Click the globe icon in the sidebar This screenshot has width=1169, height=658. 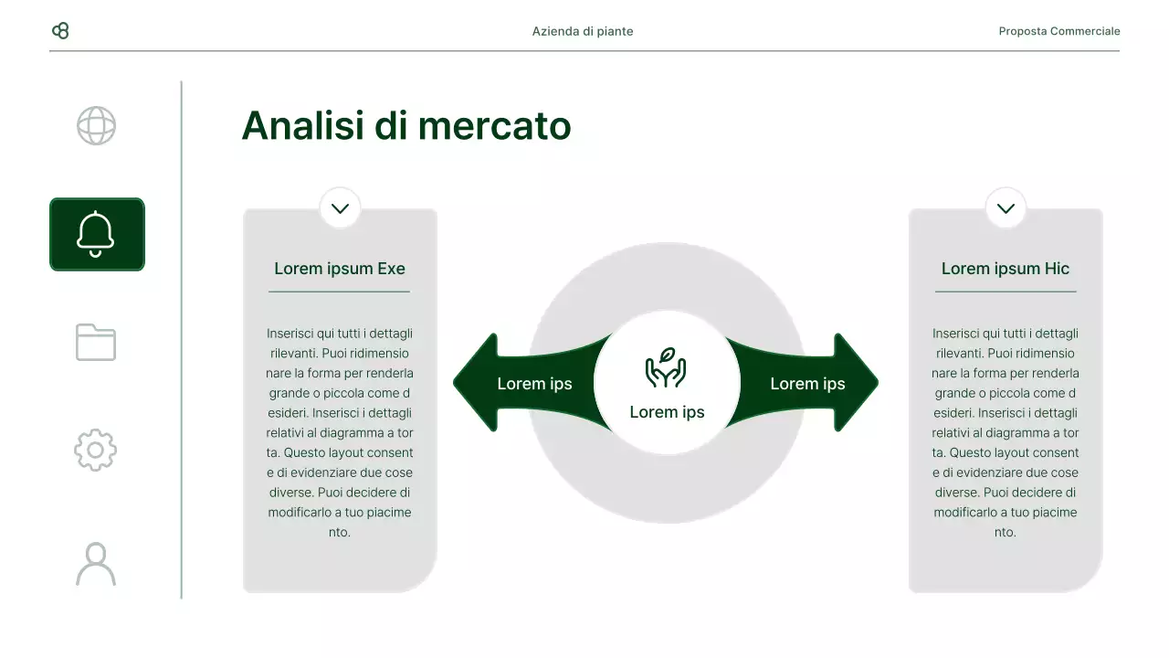tap(96, 126)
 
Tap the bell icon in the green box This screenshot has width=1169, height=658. tap(96, 234)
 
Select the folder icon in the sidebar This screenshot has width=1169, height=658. tap(96, 342)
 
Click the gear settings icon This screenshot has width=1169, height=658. tap(96, 450)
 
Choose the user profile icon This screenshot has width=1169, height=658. tap(96, 564)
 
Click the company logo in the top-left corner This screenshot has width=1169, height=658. tap(60, 31)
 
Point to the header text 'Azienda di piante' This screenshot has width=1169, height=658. tap(583, 31)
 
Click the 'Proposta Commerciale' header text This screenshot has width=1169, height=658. tap(1058, 31)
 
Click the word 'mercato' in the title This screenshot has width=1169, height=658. tap(494, 126)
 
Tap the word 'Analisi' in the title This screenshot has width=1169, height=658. tap(302, 126)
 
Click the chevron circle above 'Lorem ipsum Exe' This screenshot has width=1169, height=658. tap(340, 208)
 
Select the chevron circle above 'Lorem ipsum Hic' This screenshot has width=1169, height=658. tap(1006, 208)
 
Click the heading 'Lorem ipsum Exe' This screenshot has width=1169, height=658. tap(340, 269)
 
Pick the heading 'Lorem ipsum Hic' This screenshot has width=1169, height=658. tap(1005, 269)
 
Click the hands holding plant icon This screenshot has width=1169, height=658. tap(666, 367)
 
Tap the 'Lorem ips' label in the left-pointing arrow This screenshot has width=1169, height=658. tap(534, 384)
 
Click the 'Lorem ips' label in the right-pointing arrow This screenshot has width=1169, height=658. tap(807, 384)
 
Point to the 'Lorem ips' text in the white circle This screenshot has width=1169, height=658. tap(667, 412)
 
